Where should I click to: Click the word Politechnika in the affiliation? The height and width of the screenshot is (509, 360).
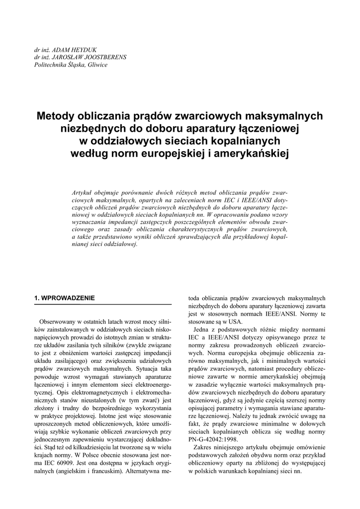coord(50,64)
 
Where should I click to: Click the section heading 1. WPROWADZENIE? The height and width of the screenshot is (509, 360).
coord(64,298)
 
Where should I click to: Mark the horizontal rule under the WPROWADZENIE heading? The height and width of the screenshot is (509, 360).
coord(102,304)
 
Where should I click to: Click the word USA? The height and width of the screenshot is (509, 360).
coord(235,322)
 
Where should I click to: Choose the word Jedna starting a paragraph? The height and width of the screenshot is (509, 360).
coord(202,331)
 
